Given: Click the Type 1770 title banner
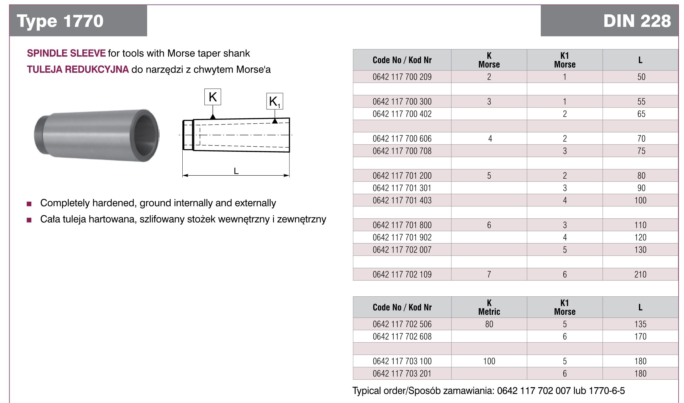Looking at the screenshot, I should tap(60, 21).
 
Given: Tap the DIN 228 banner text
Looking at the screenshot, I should tap(637, 21).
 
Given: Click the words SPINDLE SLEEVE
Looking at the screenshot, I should tap(66, 53).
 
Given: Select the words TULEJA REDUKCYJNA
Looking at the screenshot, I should tap(78, 69).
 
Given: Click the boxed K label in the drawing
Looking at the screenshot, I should tap(212, 97).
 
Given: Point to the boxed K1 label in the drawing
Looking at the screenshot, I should tap(274, 102).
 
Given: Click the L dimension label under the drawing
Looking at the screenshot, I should tap(236, 171).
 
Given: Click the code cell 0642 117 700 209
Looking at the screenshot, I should tap(402, 77).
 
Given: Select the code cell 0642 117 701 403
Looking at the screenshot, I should tap(402, 200).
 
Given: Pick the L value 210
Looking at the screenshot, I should tap(640, 274).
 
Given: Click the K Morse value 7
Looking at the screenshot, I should tap(489, 274).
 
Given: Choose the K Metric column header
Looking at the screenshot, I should tap(489, 307).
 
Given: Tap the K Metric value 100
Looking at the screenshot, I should tap(489, 361).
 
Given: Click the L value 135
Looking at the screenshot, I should tap(640, 324).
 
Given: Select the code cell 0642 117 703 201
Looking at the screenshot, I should tap(402, 373).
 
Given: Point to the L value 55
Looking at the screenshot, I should tap(641, 102).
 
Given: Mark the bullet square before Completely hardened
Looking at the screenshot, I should tap(29, 204).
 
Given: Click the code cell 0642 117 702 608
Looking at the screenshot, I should tap(402, 336).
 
